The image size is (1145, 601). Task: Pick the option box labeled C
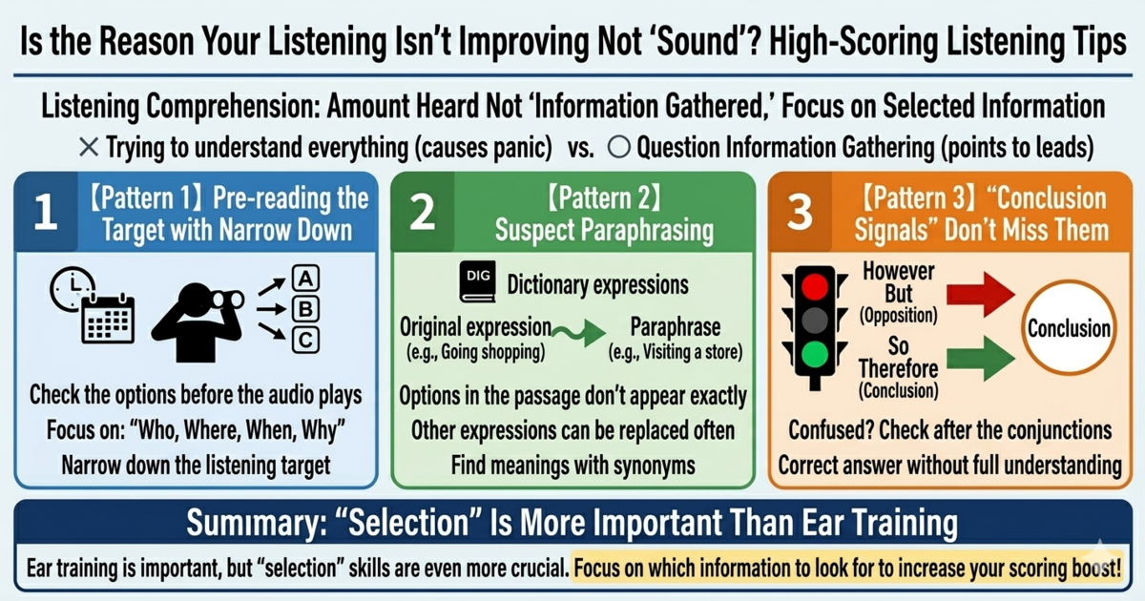305,339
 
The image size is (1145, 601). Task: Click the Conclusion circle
1069,329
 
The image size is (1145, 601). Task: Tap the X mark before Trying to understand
89,148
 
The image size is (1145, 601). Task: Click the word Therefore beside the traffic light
898,367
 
